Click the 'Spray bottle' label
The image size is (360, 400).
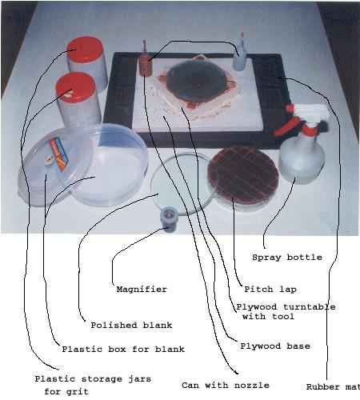pos(287,258)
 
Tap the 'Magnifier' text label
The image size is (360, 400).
pos(142,290)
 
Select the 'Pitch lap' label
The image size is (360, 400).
pos(270,290)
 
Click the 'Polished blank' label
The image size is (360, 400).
pos(131,326)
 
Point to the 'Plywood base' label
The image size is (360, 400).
pos(275,346)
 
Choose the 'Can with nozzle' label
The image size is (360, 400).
pos(226,386)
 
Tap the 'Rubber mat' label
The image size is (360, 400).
pos(333,387)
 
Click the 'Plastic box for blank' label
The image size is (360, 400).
pos(123,350)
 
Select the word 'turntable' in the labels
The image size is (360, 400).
pos(310,307)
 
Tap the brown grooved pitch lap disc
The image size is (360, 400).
pos(243,176)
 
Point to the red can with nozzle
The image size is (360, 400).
pos(145,63)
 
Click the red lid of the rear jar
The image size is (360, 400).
pos(86,50)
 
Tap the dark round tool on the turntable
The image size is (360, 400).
pos(197,80)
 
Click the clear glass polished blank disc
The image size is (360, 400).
pos(182,184)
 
